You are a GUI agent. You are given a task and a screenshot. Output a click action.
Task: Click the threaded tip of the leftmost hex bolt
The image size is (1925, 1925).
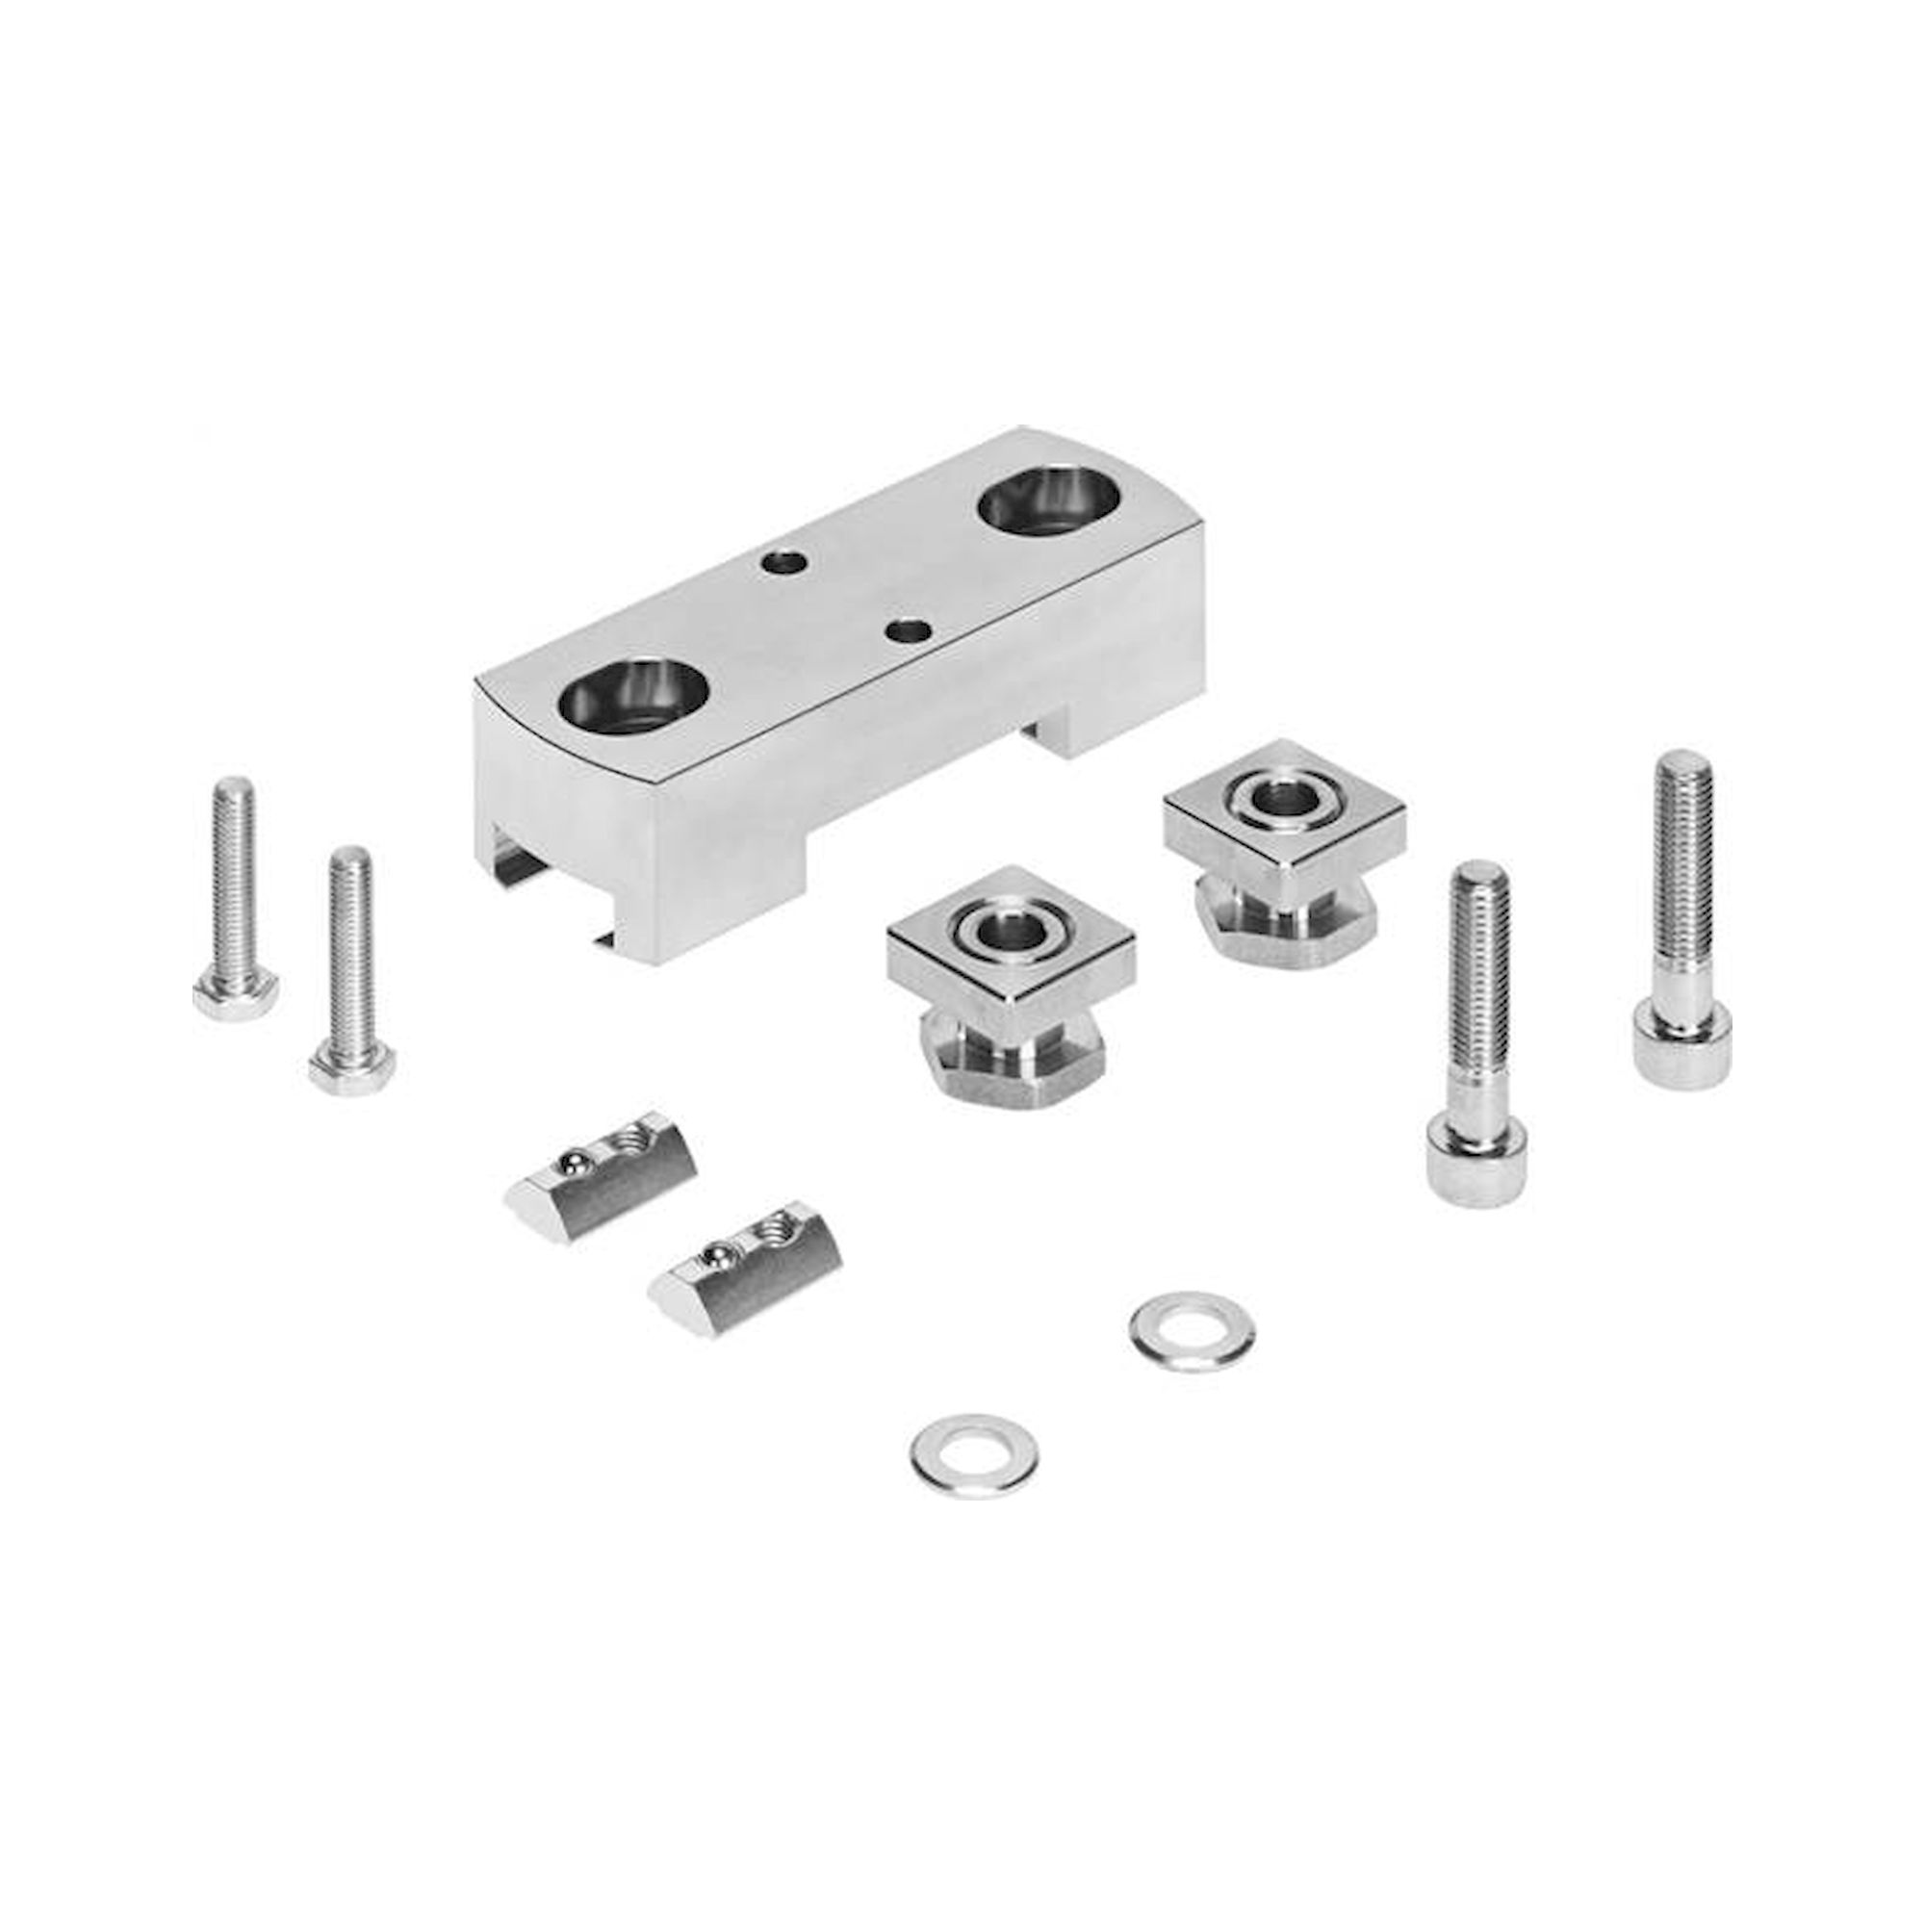pos(233,797)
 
